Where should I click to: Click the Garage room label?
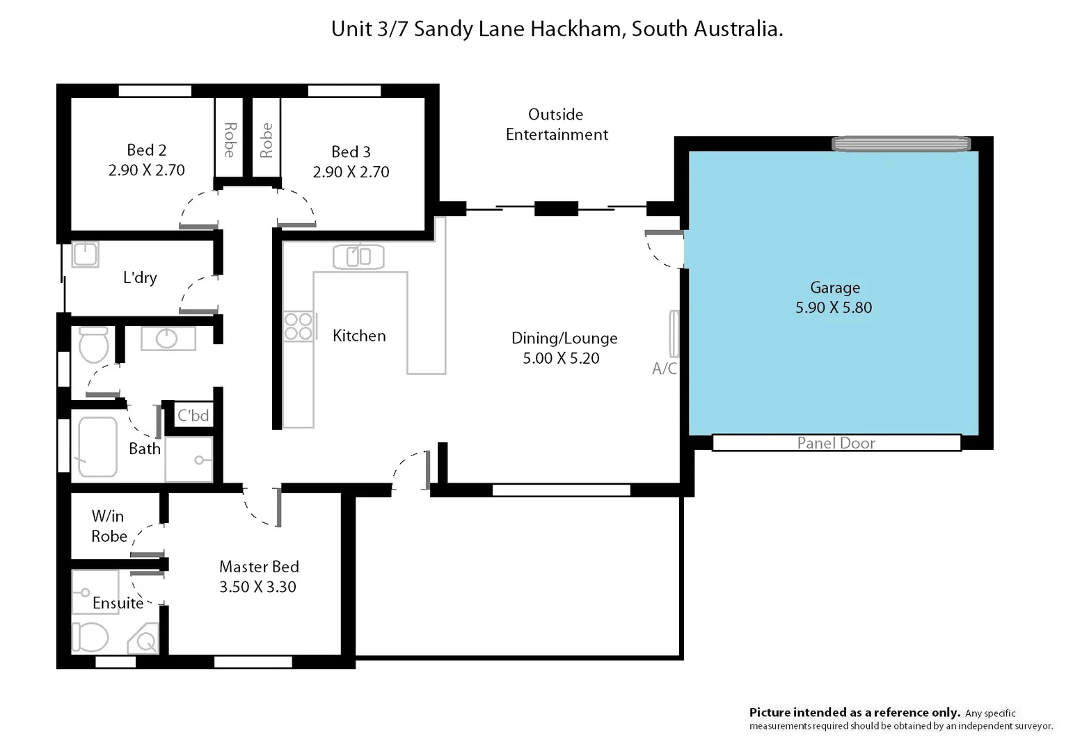[x=834, y=288]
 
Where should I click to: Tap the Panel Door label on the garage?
[x=836, y=443]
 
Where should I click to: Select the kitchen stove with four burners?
[x=298, y=327]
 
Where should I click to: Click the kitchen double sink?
[x=358, y=257]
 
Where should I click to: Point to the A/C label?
[x=664, y=369]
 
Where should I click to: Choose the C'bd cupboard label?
[x=193, y=416]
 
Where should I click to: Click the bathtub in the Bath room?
[x=97, y=447]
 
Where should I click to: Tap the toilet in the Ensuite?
[x=90, y=637]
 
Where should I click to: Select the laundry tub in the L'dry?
[x=86, y=254]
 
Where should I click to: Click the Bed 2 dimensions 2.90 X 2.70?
[x=146, y=170]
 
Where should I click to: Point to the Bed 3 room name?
[x=351, y=152]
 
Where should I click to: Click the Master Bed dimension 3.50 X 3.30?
[x=257, y=587]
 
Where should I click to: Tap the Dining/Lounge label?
[x=564, y=339]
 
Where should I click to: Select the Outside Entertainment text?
[x=556, y=124]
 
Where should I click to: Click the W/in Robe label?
[x=109, y=526]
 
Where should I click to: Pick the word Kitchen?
[x=359, y=336]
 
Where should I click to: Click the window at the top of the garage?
[x=900, y=144]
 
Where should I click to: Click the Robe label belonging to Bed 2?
[x=229, y=140]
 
